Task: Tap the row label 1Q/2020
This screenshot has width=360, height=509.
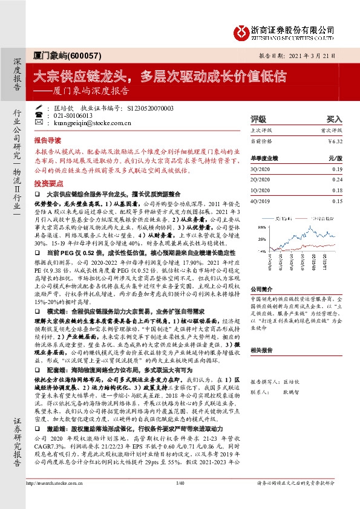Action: click(x=260, y=190)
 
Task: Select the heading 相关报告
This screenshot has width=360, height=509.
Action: click(x=261, y=349)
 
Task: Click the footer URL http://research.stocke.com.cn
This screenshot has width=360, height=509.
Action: click(x=61, y=499)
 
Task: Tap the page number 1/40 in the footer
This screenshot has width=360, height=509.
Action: click(x=179, y=499)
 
